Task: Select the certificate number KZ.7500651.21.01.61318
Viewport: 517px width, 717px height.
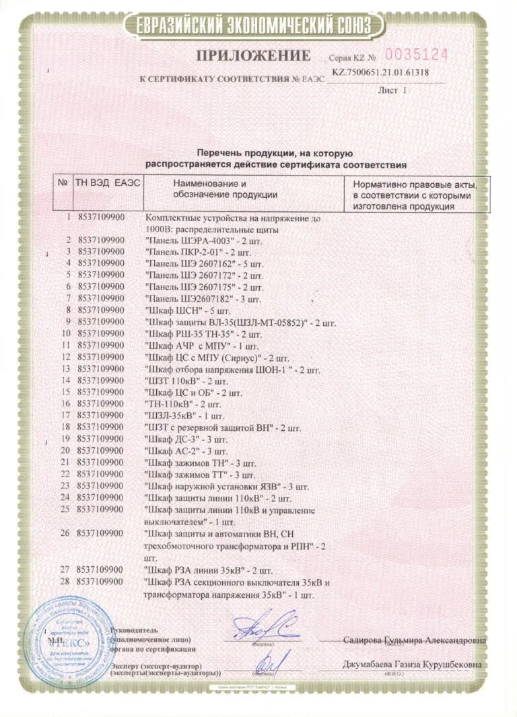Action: pos(381,73)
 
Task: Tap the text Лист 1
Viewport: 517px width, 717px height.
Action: pos(393,89)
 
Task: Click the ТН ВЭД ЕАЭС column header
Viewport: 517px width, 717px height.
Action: pos(108,183)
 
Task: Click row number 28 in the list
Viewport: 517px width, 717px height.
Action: pos(65,581)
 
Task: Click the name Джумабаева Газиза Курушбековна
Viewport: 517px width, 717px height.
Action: pos(413,664)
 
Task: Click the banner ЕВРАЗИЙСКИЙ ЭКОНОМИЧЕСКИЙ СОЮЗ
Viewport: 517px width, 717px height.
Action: pos(258,24)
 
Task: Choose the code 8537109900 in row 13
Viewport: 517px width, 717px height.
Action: pos(100,369)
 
